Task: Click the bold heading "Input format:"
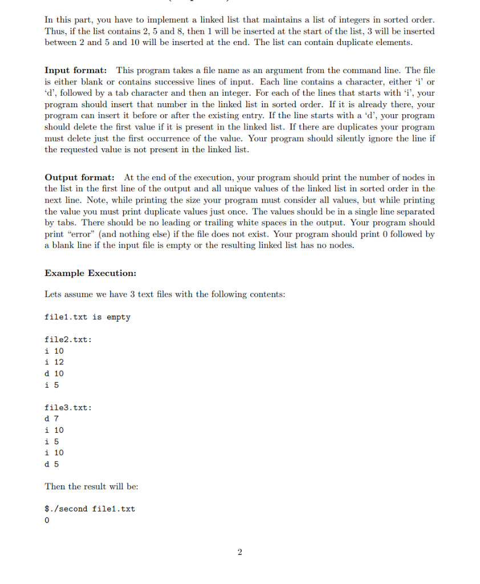pyautogui.click(x=76, y=70)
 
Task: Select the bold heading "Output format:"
pyautogui.click(x=79, y=177)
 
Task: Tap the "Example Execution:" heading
pyautogui.click(x=90, y=273)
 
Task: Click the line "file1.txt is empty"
pyautogui.click(x=87, y=317)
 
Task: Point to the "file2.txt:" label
pyautogui.click(x=68, y=340)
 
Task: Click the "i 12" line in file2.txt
pyautogui.click(x=54, y=362)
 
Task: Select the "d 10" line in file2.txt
pyautogui.click(x=54, y=374)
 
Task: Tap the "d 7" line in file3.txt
pyautogui.click(x=52, y=419)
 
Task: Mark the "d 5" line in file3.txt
pyautogui.click(x=52, y=464)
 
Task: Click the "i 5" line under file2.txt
pyautogui.click(x=52, y=385)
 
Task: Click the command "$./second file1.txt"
pyautogui.click(x=90, y=509)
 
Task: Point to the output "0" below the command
pyautogui.click(x=47, y=521)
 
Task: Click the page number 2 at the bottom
pyautogui.click(x=239, y=552)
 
